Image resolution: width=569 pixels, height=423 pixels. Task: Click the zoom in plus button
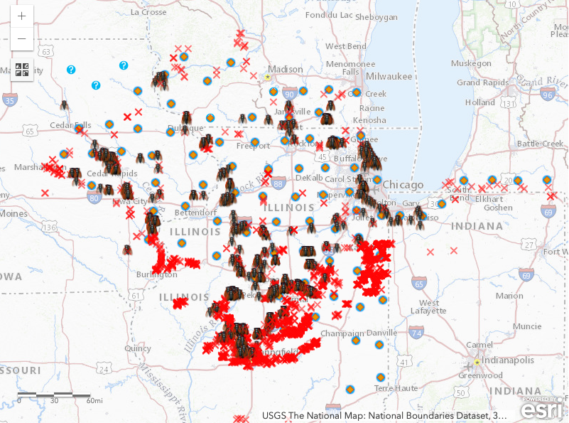[x=22, y=16]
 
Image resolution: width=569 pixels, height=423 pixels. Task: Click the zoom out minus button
[x=22, y=38]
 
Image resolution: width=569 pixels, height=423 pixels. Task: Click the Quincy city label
[x=137, y=348]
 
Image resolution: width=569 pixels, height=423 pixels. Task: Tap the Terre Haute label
[x=394, y=388]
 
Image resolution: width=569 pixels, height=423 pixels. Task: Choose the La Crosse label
[x=149, y=12]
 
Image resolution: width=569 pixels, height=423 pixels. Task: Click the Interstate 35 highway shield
[x=9, y=101]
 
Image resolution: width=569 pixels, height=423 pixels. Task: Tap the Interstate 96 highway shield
[x=546, y=95]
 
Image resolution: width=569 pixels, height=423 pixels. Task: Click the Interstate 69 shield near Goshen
[x=547, y=212]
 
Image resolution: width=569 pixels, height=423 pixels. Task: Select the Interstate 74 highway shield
[x=417, y=332]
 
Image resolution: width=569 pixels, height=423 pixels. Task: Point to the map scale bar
[x=54, y=394]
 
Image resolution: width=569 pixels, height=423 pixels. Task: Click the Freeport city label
[x=253, y=146]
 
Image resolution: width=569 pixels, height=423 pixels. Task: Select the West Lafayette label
[x=428, y=307]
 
